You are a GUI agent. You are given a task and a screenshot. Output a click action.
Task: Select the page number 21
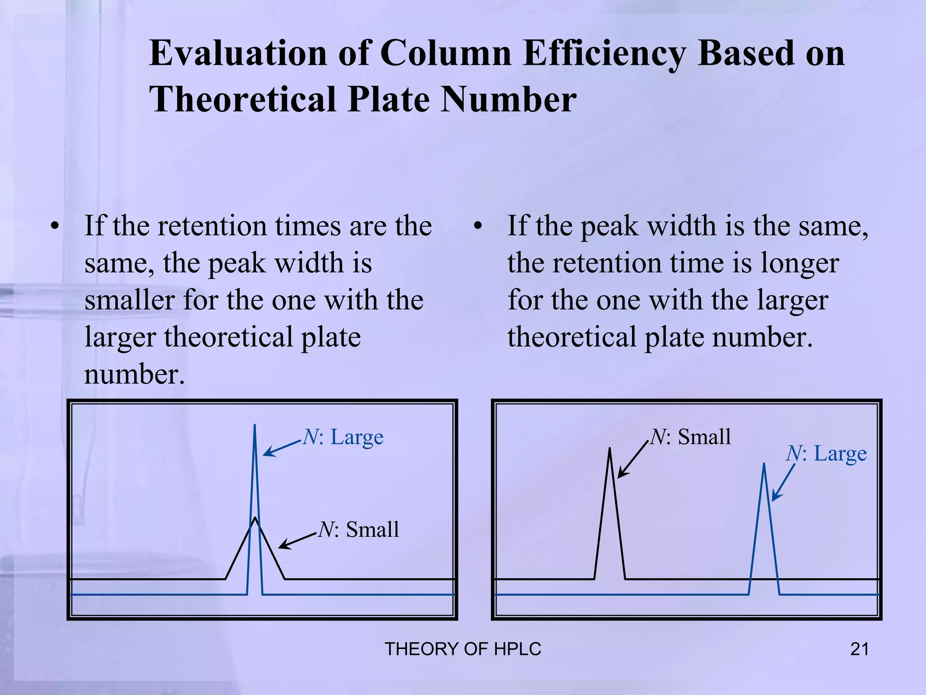860,649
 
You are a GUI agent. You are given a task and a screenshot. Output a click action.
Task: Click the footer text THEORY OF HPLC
463,649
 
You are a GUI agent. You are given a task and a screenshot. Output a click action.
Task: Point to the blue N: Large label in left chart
343,437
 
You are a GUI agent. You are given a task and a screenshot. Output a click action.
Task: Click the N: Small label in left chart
359,529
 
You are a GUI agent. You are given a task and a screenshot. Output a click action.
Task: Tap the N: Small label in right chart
690,437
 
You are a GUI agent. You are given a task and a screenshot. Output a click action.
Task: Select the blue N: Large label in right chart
827,453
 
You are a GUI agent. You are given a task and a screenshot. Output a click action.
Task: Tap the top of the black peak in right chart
609,449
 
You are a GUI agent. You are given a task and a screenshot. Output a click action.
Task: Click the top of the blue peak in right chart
764,464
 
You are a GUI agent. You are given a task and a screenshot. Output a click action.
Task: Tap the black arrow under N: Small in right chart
633,460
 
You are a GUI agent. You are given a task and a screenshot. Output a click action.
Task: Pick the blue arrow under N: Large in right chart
783,482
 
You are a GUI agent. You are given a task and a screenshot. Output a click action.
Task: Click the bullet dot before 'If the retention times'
55,226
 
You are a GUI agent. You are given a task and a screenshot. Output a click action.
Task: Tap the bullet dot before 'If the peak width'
477,226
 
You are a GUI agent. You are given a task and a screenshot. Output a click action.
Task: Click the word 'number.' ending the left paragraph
135,375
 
